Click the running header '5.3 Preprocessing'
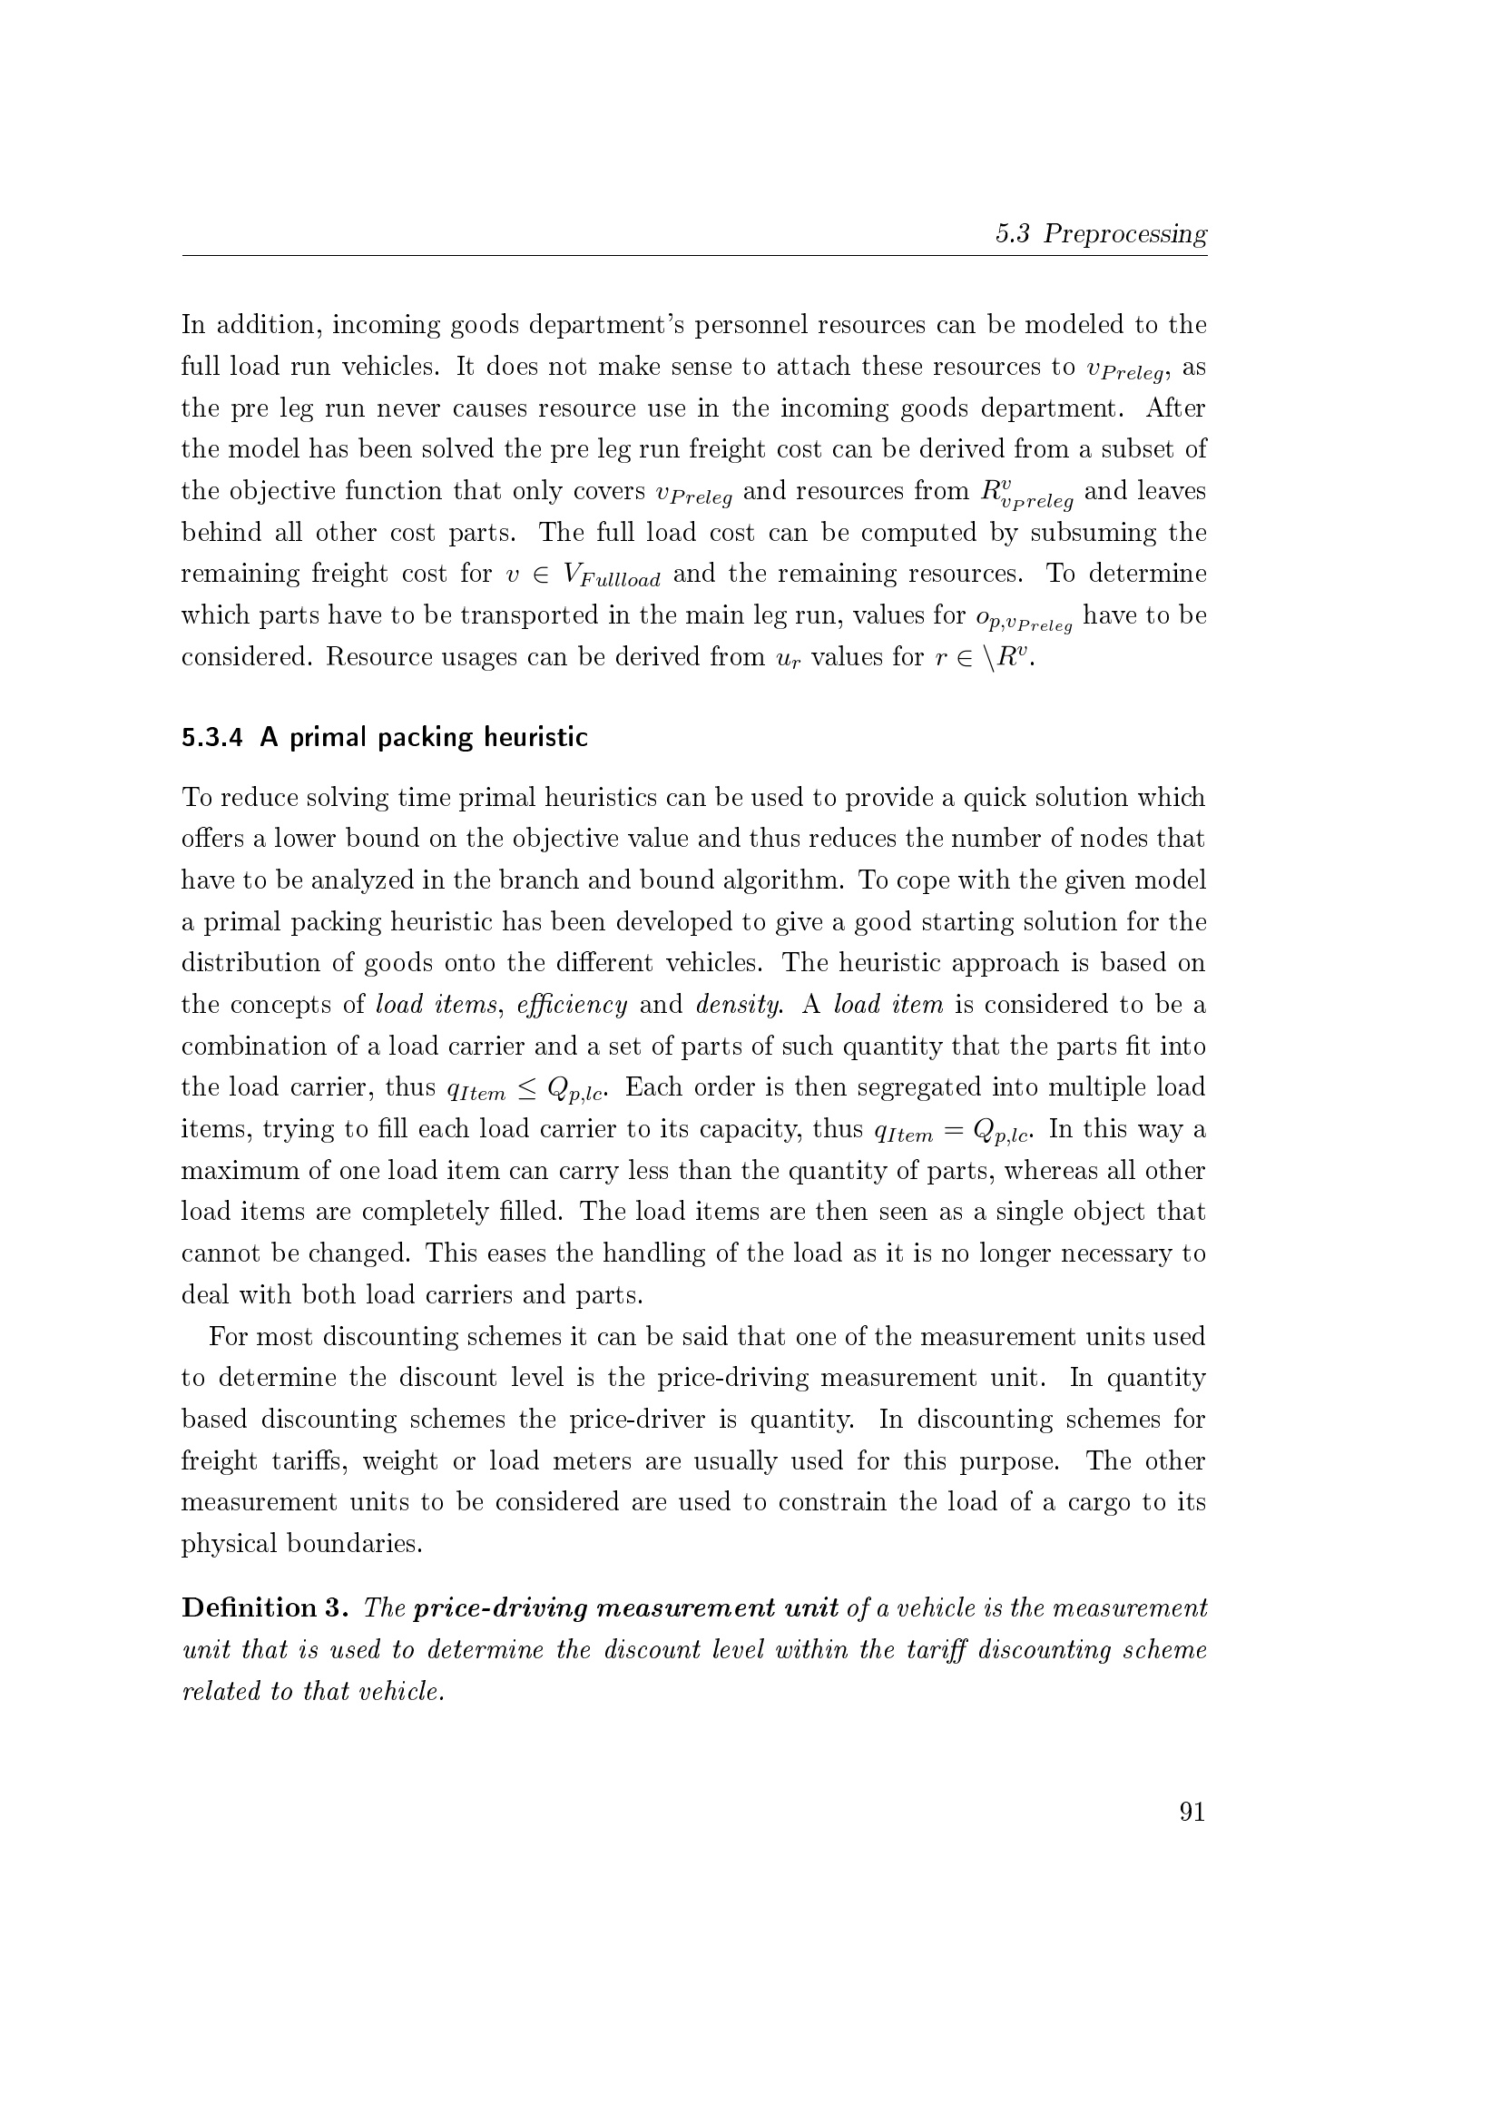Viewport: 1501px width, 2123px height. pos(1101,234)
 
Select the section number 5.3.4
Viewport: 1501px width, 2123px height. pos(211,738)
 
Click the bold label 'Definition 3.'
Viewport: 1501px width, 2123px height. pos(264,1608)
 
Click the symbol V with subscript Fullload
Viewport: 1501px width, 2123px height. pos(611,576)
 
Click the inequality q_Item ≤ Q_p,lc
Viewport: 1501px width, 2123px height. pos(527,1088)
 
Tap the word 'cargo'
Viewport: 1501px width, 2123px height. pos(1099,1502)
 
